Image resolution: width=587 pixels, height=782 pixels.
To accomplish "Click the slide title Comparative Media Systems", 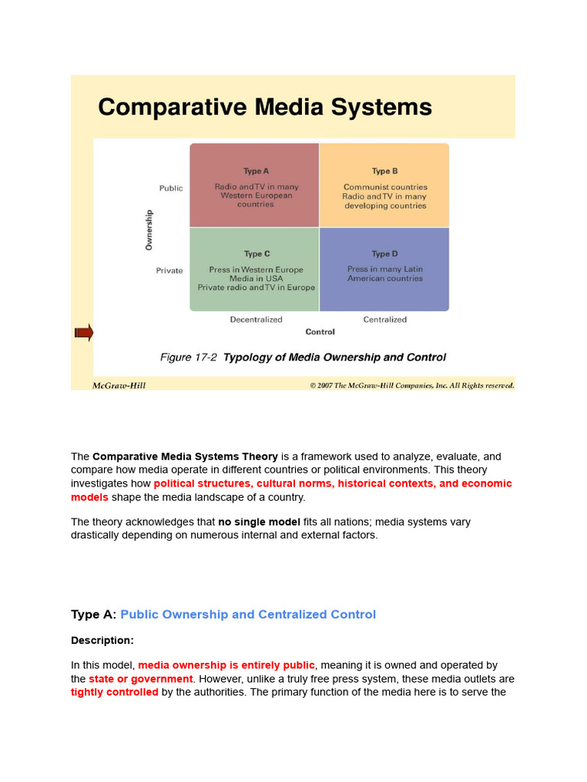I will coord(264,107).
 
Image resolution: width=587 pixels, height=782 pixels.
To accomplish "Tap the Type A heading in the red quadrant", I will coord(256,171).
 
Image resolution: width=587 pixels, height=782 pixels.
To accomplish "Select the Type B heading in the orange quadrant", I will coord(384,171).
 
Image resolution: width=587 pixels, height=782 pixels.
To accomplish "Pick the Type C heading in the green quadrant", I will coord(256,254).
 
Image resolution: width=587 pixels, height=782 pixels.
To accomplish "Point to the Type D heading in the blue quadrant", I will coord(384,254).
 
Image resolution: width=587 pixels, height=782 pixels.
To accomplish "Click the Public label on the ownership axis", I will coord(171,188).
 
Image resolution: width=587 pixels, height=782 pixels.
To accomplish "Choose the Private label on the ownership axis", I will coord(170,270).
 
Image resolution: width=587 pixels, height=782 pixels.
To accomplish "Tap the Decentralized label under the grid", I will coord(256,319).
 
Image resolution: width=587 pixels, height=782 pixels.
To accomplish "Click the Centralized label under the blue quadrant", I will coord(384,319).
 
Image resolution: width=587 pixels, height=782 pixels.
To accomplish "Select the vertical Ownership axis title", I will coord(149,229).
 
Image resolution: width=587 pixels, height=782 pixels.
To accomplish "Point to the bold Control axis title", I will coord(320,331).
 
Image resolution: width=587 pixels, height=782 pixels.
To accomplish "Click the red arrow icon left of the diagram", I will coord(83,332).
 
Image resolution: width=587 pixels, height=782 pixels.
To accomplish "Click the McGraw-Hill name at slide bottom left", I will coord(118,386).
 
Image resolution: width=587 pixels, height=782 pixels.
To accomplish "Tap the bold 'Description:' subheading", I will coord(102,640).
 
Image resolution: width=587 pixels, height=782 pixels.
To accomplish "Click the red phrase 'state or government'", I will coord(141,679).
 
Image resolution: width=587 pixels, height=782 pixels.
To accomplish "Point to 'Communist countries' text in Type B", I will coord(385,187).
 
